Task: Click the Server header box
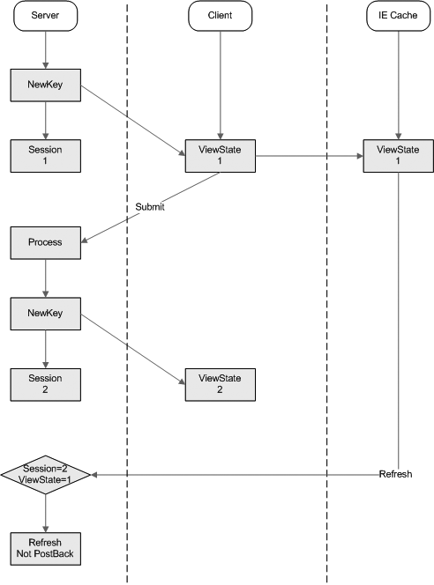pyautogui.click(x=46, y=16)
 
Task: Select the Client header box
pyautogui.click(x=220, y=16)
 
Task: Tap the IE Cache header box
pyautogui.click(x=398, y=16)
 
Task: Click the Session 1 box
pyautogui.click(x=46, y=156)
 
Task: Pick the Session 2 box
pyautogui.click(x=46, y=385)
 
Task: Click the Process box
pyautogui.click(x=46, y=243)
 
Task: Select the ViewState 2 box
pyautogui.click(x=221, y=385)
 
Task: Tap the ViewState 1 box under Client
pyautogui.click(x=221, y=156)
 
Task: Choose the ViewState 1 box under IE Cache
pyautogui.click(x=399, y=156)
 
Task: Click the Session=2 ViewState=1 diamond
pyautogui.click(x=46, y=475)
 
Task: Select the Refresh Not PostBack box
pyautogui.click(x=46, y=549)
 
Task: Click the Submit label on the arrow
pyautogui.click(x=150, y=207)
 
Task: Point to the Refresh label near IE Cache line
pyautogui.click(x=395, y=474)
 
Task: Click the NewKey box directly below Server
pyautogui.click(x=46, y=85)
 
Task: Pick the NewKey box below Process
pyautogui.click(x=46, y=314)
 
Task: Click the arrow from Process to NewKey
pyautogui.click(x=46, y=278)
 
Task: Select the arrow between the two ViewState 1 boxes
pyautogui.click(x=310, y=156)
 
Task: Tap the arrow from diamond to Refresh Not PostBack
pyautogui.click(x=46, y=514)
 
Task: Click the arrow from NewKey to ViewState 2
pyautogui.click(x=133, y=350)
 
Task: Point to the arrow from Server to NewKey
pyautogui.click(x=46, y=50)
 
